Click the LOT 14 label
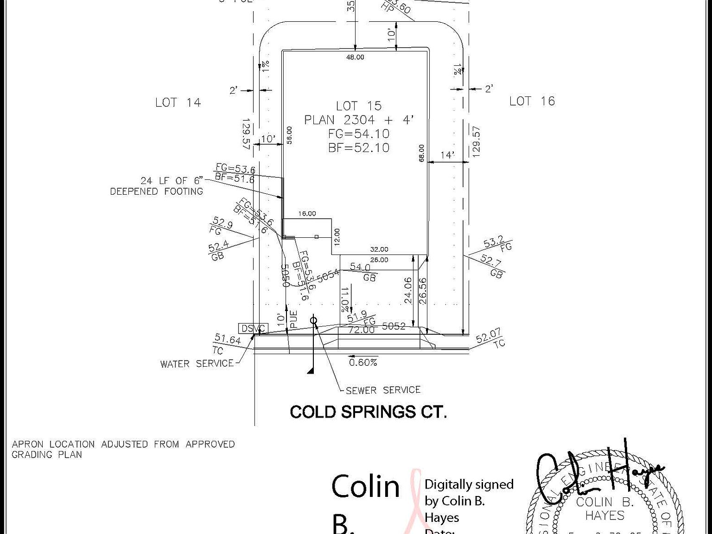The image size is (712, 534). coord(178,102)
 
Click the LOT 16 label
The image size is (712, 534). coord(532,101)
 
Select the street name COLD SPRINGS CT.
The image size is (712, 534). coord(368,412)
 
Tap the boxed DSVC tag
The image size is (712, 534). coord(253,329)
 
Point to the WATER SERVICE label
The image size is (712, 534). coord(197,364)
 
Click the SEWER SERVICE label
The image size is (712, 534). coord(383,390)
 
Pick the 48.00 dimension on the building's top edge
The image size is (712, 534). coord(355,57)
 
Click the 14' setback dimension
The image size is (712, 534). coord(447,155)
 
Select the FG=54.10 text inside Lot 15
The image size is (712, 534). coord(359,134)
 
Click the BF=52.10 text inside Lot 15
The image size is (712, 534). coord(359,148)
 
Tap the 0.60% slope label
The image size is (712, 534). coord(363,362)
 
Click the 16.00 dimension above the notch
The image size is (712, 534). coord(307,214)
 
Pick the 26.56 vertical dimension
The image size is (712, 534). coord(422,291)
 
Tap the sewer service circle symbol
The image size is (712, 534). coord(314,320)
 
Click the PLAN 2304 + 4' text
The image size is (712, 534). coord(358,120)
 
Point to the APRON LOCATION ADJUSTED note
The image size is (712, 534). coord(123,449)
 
